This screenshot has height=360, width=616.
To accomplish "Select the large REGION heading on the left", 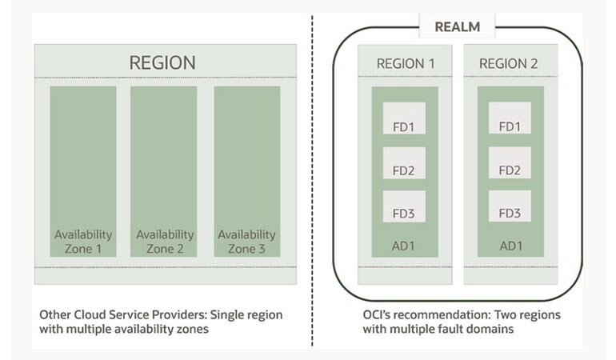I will click(163, 62).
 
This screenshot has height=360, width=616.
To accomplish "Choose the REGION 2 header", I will click(510, 62).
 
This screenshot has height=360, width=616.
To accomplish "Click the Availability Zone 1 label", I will click(83, 242).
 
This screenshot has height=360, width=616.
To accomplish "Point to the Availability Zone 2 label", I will click(165, 242).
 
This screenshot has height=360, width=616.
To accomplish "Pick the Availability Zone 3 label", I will click(246, 242).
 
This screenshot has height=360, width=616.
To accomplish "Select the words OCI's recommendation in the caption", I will click(396, 314).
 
